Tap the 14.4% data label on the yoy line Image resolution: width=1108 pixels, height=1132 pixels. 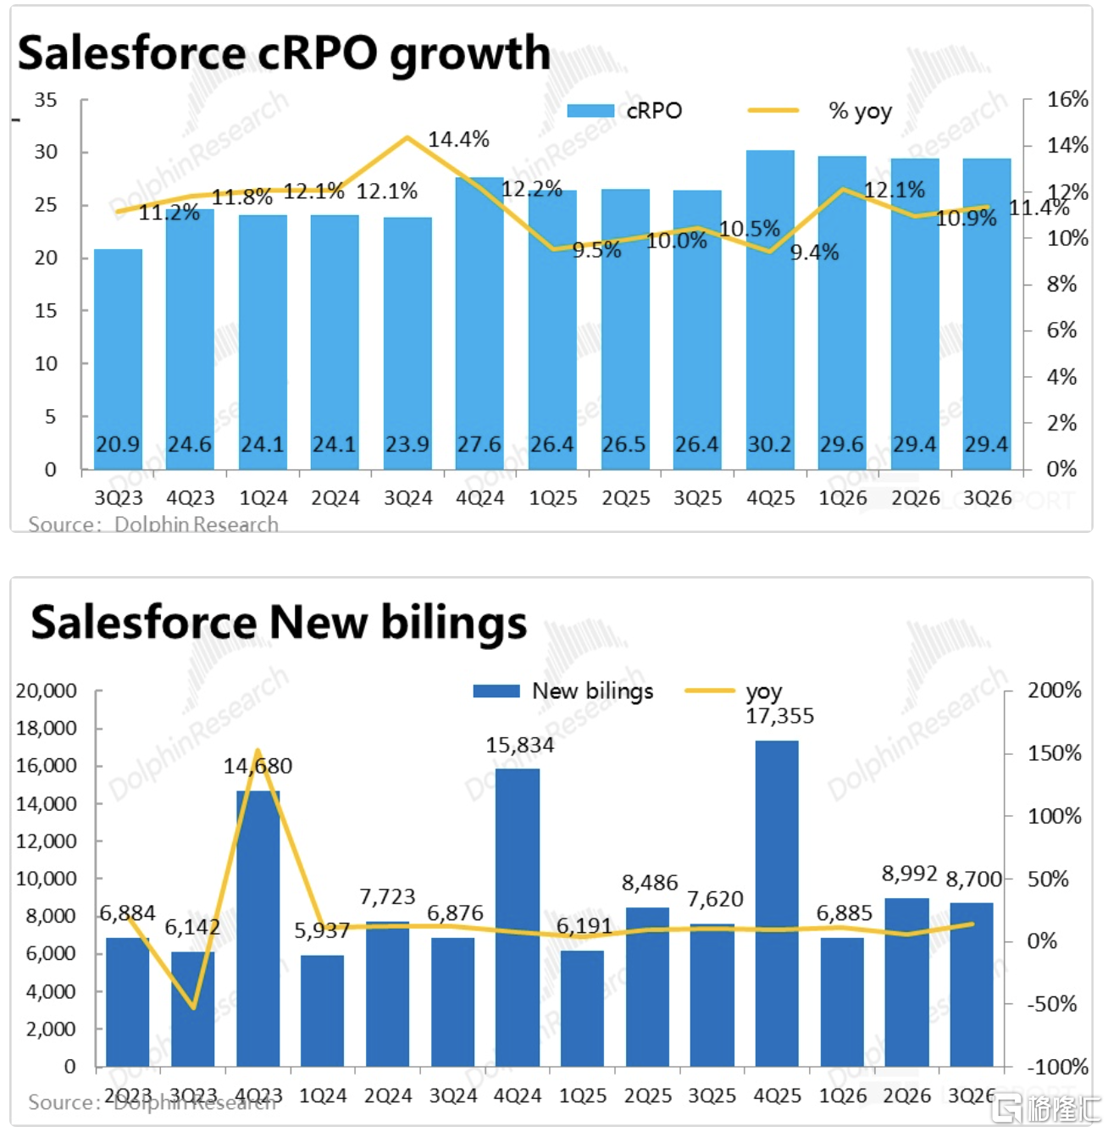click(x=458, y=139)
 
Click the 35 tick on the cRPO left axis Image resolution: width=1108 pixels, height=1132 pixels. click(x=46, y=100)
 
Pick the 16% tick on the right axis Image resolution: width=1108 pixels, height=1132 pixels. click(x=1066, y=99)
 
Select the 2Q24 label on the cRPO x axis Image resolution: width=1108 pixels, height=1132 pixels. click(x=335, y=498)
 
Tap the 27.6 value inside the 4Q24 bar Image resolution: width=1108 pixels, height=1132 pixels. click(x=479, y=445)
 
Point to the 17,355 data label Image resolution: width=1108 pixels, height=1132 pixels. click(x=779, y=716)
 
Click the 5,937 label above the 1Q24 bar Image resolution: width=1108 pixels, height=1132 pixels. click(x=322, y=930)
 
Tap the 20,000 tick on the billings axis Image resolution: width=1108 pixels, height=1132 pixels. click(x=47, y=691)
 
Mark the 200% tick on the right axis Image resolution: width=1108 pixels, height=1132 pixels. click(x=1054, y=691)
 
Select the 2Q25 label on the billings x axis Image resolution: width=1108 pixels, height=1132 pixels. click(x=647, y=1096)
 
